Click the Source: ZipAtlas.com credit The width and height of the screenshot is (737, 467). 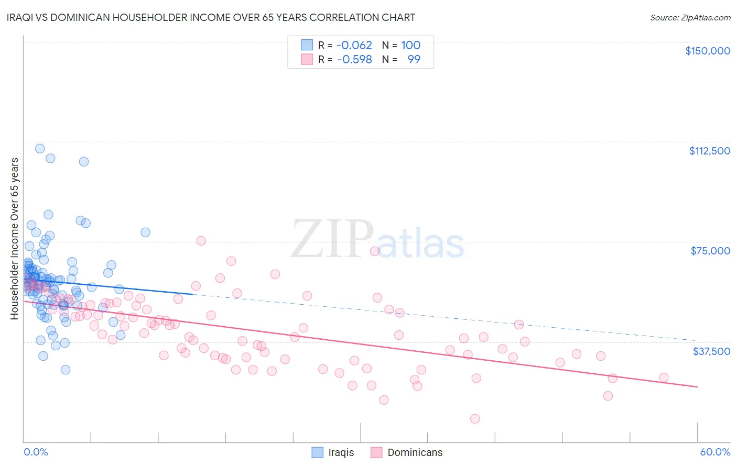pyautogui.click(x=690, y=18)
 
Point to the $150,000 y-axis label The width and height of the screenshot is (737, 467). pyautogui.click(x=707, y=51)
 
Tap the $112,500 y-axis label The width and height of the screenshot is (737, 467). pyautogui.click(x=709, y=151)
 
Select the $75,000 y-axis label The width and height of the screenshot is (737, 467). pyautogui.click(x=710, y=251)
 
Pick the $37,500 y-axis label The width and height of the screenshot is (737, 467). pyautogui.click(x=711, y=351)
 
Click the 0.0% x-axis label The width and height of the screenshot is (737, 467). pyautogui.click(x=36, y=452)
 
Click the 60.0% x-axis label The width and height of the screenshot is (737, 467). pyautogui.click(x=715, y=452)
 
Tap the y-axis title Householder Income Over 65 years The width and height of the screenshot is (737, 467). pyautogui.click(x=15, y=239)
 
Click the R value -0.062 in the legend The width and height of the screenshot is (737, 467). pyautogui.click(x=354, y=46)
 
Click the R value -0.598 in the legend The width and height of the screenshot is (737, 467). pyautogui.click(x=354, y=59)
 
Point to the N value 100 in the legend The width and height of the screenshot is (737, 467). pyautogui.click(x=411, y=46)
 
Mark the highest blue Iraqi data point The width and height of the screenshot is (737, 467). pyautogui.click(x=40, y=149)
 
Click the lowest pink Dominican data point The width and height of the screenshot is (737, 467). pyautogui.click(x=475, y=419)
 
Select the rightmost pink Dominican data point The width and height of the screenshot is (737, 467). pyautogui.click(x=664, y=377)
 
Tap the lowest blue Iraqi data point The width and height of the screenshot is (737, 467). pyautogui.click(x=66, y=370)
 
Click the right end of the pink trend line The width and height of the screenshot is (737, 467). pyautogui.click(x=697, y=387)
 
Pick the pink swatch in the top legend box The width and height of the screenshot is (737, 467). pyautogui.click(x=307, y=59)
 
